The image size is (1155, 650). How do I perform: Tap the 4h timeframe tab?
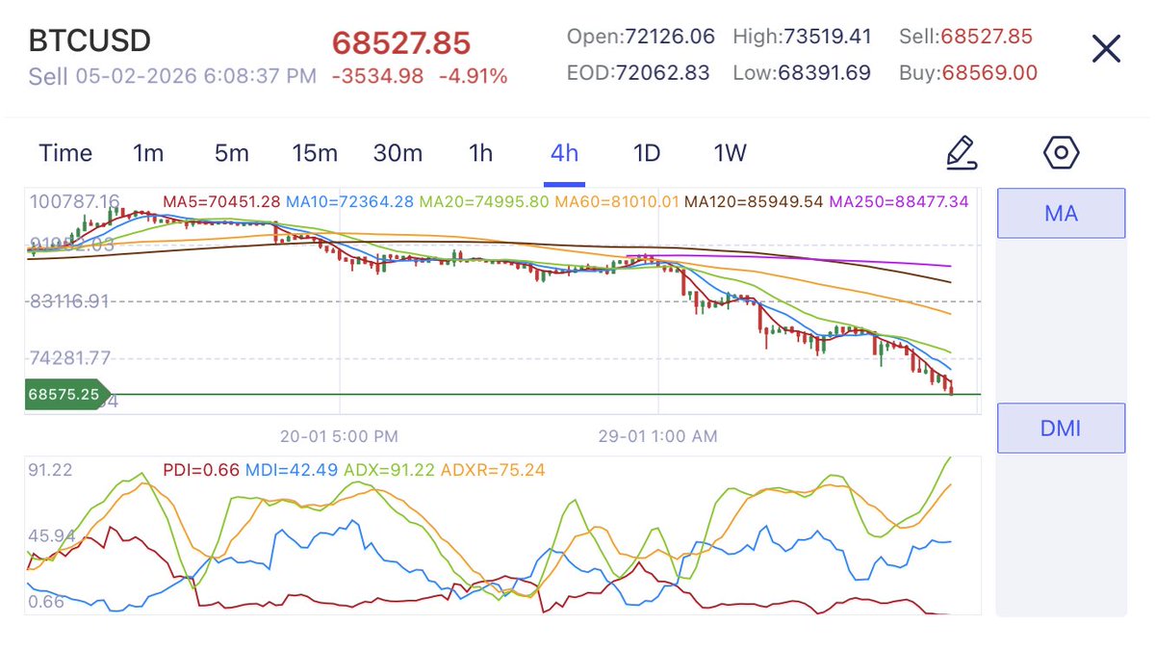564,153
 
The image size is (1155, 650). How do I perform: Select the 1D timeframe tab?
646,153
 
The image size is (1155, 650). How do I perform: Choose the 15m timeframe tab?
315,153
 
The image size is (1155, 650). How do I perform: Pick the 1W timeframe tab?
730,153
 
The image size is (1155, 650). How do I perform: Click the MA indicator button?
1061,213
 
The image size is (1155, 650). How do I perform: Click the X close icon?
1106,48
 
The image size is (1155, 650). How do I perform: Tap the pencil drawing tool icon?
961,152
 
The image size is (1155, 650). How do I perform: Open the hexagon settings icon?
1061,152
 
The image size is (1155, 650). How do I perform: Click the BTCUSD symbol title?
90,41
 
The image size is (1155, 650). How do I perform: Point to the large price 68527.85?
401,43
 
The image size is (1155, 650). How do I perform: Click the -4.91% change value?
473,76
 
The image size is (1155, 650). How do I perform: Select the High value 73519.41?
802,37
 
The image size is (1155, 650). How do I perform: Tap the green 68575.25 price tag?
64,394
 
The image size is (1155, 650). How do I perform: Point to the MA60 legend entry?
617,201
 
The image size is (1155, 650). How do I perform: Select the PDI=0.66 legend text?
200,470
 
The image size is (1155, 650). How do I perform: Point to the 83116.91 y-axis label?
70,301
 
